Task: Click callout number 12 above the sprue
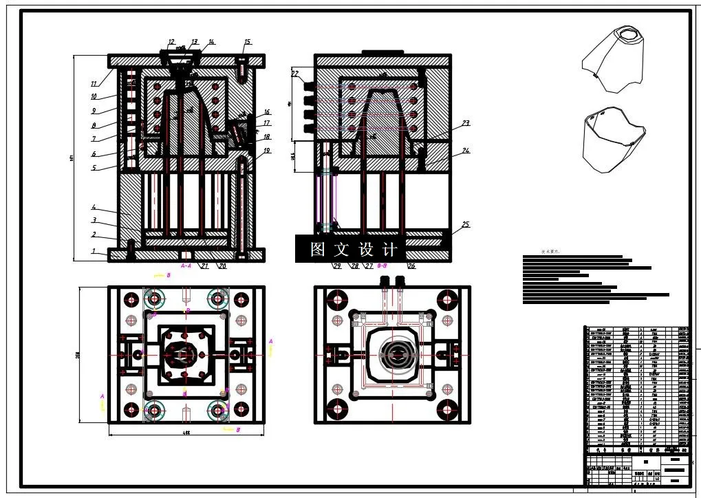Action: pos(171,42)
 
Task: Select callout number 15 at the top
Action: pos(247,43)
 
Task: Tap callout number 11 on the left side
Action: pos(94,84)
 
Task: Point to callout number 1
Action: pos(94,252)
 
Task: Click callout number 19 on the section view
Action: pos(266,150)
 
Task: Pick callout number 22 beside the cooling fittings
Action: pos(295,74)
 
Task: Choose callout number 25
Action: pos(466,225)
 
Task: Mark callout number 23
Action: pos(466,124)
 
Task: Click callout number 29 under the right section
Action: pos(337,266)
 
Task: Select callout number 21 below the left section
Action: pos(205,266)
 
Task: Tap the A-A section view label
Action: pos(186,265)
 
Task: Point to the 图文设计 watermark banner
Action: pos(354,249)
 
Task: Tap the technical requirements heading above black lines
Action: pos(550,252)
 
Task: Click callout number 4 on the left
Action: pos(94,207)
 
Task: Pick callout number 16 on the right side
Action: pos(266,111)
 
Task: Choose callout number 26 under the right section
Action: pos(411,266)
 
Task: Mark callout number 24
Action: pos(466,150)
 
